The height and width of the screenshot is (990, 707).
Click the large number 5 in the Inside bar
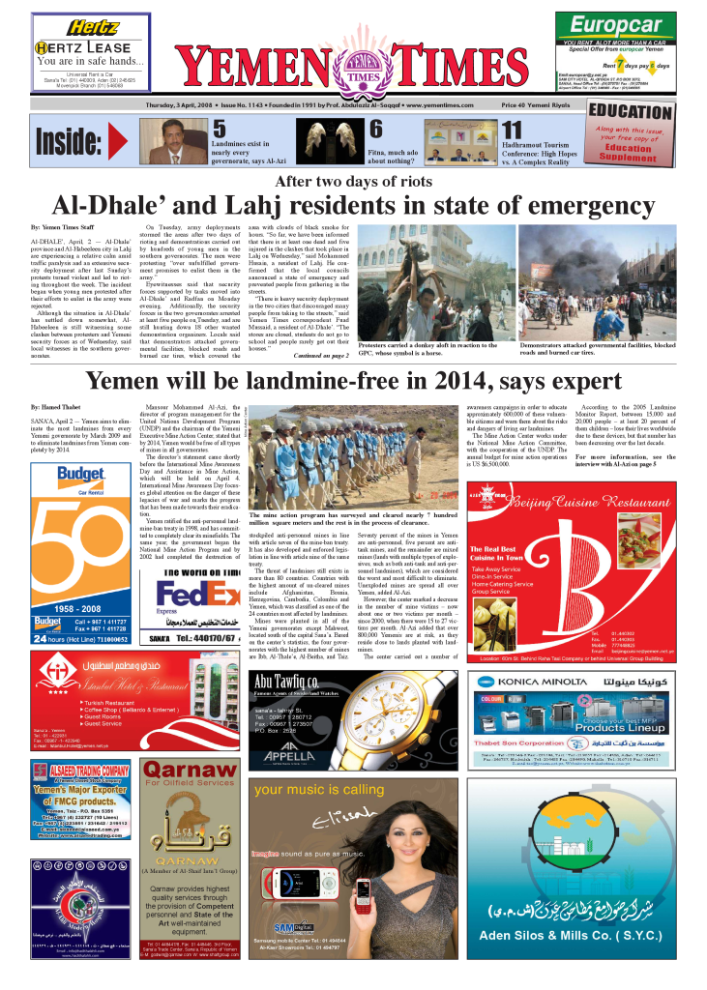tap(220, 130)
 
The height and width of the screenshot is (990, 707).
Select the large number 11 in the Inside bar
tap(513, 131)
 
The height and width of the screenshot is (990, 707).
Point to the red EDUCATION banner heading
tap(631, 111)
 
